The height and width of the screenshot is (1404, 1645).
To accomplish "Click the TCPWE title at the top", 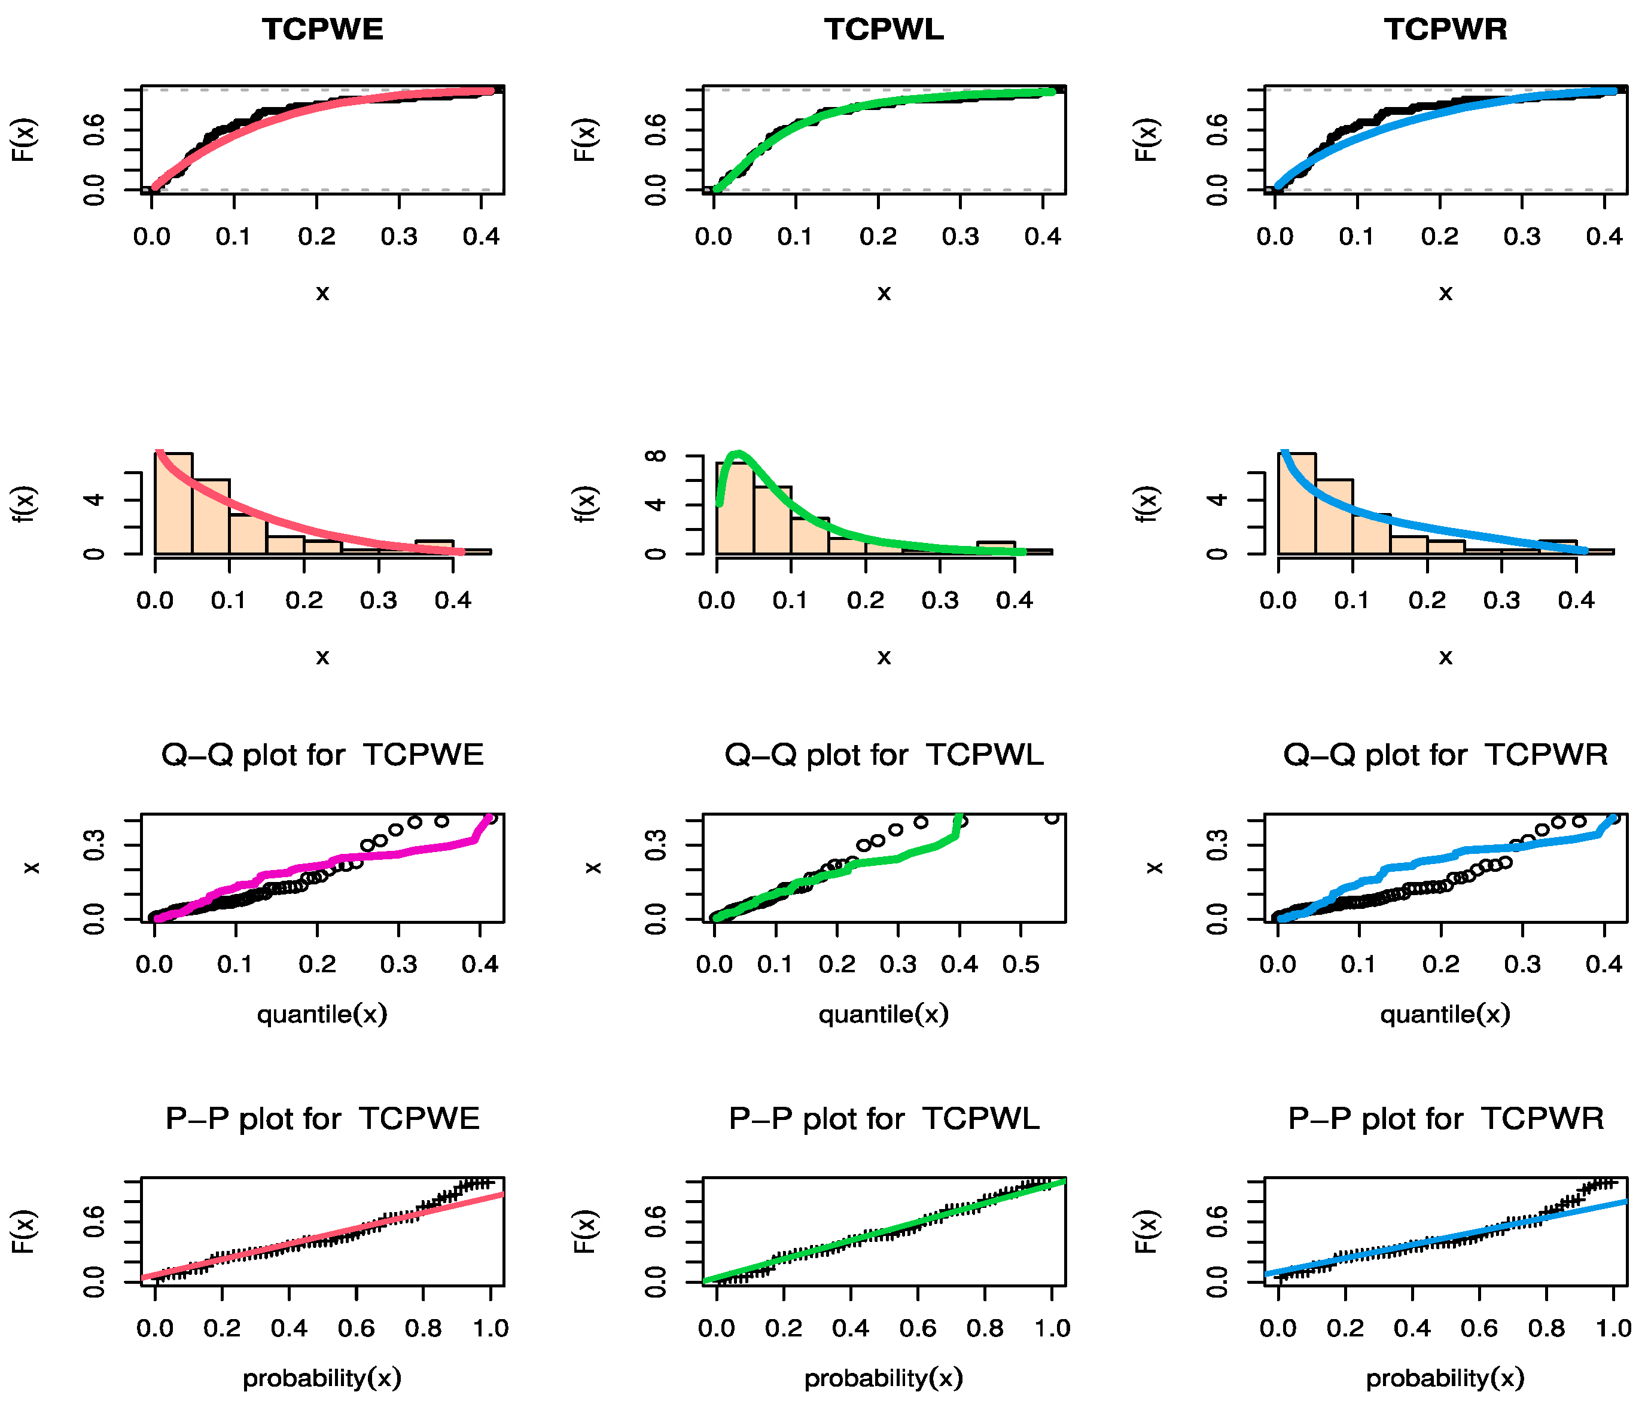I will click(322, 29).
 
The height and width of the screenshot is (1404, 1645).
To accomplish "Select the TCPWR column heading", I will click(1445, 29).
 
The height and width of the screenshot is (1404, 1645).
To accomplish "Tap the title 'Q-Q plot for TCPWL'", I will click(884, 754).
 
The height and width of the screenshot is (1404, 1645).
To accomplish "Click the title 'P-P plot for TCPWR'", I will click(1445, 1118).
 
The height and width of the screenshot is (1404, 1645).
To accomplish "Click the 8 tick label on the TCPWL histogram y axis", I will click(656, 456).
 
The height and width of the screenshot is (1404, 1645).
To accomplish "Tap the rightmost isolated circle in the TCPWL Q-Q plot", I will click(1052, 817).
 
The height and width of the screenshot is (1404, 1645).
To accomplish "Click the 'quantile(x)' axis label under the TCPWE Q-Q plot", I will click(322, 1014).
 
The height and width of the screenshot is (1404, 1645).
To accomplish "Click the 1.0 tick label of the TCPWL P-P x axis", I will click(1052, 1328).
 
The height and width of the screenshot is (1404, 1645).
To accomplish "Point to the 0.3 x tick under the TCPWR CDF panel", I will click(1522, 237).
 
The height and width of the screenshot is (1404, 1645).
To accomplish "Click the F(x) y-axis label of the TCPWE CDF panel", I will click(24, 140).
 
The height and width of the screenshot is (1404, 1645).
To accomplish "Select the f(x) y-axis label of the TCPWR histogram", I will click(1147, 503).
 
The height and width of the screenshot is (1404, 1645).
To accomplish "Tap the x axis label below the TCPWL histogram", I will click(884, 657).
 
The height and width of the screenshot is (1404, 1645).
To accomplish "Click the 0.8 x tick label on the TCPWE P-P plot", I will click(423, 1328).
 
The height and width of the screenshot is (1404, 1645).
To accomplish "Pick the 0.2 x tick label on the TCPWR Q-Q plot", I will click(1440, 965).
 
